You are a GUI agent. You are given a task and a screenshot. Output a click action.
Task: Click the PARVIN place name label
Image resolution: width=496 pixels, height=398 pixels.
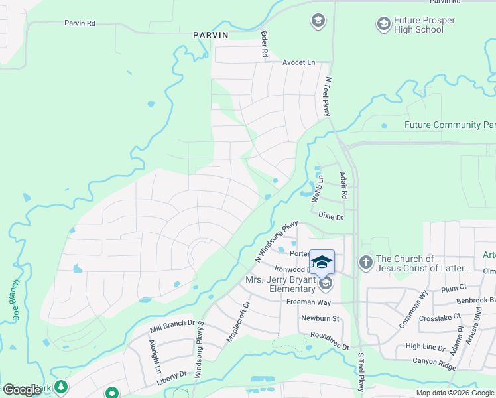[x=211, y=35]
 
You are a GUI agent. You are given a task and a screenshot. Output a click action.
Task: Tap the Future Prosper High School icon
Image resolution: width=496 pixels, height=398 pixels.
[x=383, y=25]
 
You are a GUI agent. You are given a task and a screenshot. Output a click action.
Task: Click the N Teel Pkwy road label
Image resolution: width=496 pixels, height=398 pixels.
[x=326, y=97]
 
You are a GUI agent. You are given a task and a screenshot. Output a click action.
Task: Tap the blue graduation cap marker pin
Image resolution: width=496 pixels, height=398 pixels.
[x=322, y=262]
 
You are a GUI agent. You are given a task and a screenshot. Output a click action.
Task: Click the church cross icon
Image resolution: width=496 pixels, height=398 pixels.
[x=365, y=263]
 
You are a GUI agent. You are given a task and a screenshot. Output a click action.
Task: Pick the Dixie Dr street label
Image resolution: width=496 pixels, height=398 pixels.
[x=330, y=217]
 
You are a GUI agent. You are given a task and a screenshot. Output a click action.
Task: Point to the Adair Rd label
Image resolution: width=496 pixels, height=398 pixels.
[x=343, y=186]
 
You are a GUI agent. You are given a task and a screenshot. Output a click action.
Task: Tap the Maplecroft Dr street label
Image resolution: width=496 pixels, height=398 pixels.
[x=237, y=322]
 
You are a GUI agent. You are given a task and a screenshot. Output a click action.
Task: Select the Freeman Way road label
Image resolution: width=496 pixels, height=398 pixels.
[x=304, y=302]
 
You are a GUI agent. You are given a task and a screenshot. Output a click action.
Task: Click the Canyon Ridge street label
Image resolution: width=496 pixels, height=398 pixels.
[x=435, y=361]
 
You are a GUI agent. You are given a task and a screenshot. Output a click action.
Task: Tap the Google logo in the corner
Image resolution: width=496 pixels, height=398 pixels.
[x=22, y=390]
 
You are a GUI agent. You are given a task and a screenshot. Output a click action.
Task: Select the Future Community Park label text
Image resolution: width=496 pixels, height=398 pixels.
[x=450, y=125]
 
